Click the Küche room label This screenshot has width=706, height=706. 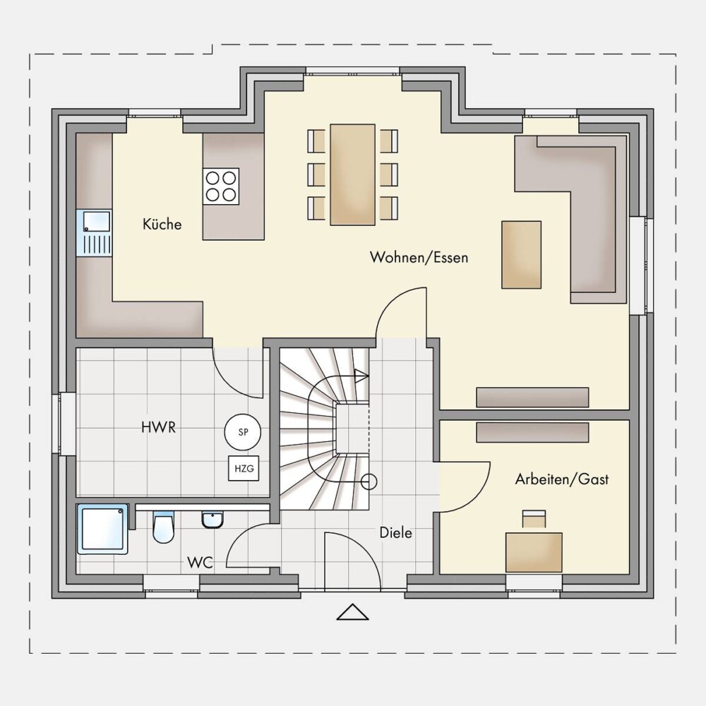coord(162,224)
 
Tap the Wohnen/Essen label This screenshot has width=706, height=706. coord(419,257)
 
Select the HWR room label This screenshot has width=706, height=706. coord(158,427)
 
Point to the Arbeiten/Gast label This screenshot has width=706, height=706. coord(561,479)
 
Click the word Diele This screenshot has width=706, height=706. coord(396,532)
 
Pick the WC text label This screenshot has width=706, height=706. coord(200,563)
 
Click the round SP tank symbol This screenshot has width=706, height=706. coord(243,432)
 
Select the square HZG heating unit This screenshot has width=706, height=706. coord(244,468)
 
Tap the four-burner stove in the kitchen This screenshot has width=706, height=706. coord(220,186)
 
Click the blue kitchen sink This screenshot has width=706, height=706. coord(94,233)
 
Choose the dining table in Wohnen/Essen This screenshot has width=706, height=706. coord(352,174)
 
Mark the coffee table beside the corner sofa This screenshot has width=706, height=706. coord(522,254)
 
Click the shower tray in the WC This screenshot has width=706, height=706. coord(102,529)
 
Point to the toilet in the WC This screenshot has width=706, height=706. coord(163,527)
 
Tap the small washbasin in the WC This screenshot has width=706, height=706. coord(212,520)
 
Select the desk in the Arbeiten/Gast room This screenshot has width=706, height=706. coord(534,553)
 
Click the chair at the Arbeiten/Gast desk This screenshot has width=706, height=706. coord(534,518)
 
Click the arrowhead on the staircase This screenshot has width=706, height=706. coord(361,375)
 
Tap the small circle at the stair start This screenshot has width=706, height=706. coord(369,481)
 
